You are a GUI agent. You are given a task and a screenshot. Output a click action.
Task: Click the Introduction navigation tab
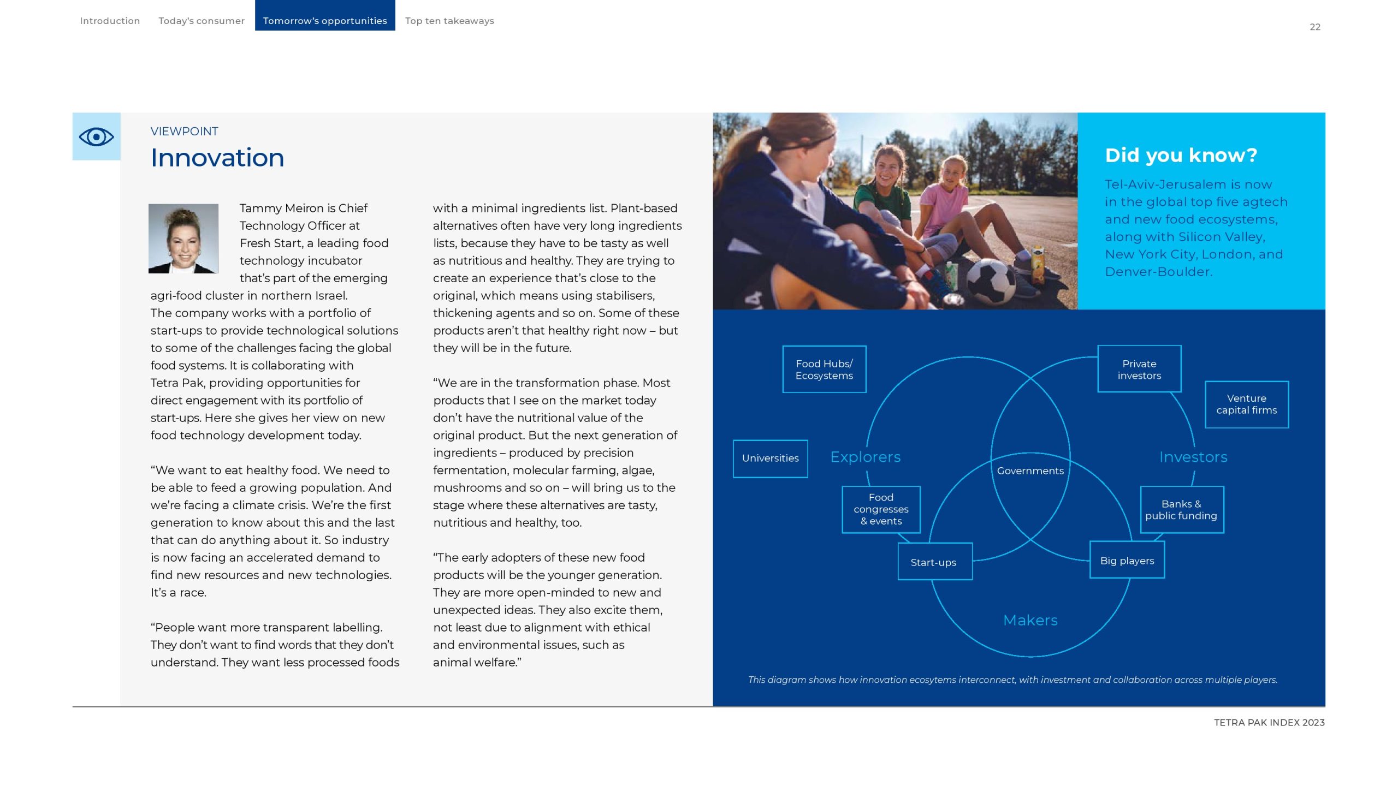[110, 21]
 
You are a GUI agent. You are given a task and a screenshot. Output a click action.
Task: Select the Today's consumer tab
[201, 21]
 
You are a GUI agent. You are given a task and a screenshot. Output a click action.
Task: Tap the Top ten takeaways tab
[449, 21]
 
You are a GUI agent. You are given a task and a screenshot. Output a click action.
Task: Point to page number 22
[1315, 27]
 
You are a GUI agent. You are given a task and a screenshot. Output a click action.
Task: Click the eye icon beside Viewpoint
[96, 136]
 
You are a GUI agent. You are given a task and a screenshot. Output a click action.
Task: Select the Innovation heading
[217, 158]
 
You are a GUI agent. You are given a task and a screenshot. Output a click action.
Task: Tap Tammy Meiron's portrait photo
[183, 239]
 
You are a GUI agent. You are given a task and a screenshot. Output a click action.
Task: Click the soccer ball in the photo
[991, 281]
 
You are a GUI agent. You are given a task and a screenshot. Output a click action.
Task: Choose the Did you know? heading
[1181, 156]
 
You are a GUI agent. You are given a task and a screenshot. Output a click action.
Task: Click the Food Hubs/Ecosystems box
[824, 370]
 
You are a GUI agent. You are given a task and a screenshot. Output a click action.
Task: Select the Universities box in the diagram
[770, 458]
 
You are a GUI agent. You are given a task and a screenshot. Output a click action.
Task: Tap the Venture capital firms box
[1247, 404]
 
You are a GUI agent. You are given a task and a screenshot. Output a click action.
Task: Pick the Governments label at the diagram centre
[1030, 471]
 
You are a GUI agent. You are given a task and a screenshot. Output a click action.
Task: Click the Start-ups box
[934, 562]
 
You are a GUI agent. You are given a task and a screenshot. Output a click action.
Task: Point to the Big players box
[1127, 561]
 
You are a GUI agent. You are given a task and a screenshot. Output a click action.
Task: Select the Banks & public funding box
[1181, 510]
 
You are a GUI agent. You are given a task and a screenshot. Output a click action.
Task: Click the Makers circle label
[1030, 620]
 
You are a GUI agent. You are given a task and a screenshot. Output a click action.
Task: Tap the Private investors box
[1139, 370]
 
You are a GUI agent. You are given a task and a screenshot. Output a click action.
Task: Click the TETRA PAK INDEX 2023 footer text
[1269, 723]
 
